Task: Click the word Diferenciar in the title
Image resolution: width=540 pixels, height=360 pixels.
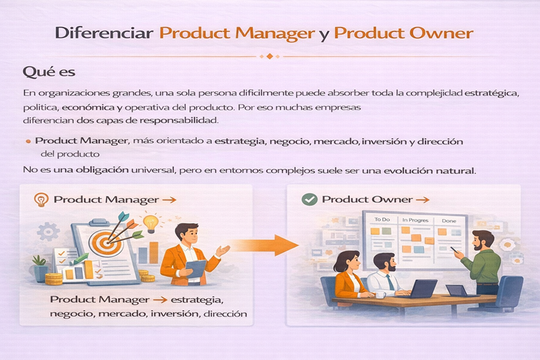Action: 104,33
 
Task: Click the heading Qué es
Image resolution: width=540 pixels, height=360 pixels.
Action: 49,73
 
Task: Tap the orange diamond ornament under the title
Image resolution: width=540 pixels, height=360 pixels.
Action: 269,56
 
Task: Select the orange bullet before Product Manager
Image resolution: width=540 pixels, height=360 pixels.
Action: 28,141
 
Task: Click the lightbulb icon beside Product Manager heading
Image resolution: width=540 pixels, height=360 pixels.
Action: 41,200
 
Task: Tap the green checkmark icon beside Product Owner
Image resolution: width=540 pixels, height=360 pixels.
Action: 309,199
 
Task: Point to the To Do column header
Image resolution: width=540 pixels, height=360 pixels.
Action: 382,220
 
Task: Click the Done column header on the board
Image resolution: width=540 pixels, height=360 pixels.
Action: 449,221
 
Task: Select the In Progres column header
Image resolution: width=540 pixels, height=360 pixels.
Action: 415,220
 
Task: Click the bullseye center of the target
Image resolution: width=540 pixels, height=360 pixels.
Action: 106,243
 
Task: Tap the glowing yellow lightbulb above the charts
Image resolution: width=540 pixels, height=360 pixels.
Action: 151,223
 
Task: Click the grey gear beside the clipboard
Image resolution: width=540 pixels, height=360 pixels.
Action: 48,232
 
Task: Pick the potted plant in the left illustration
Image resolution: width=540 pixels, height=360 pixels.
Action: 40,268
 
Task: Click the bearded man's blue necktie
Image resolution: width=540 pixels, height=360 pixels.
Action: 390,283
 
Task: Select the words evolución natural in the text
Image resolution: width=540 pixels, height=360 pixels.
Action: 430,170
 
